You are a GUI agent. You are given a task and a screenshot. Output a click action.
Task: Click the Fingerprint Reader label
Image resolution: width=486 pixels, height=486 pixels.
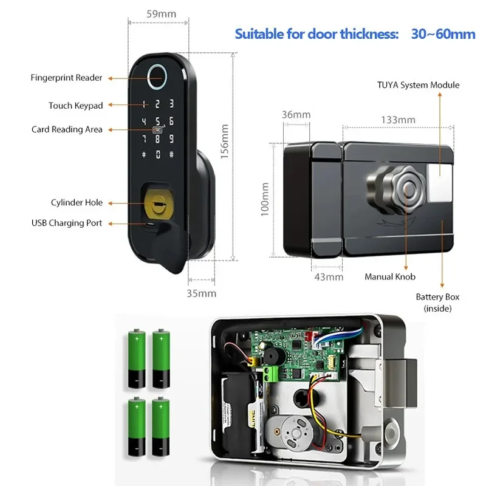66,78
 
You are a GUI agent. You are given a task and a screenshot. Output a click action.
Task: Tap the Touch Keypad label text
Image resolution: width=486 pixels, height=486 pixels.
75,106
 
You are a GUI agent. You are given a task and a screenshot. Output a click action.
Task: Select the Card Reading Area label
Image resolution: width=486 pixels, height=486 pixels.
67,129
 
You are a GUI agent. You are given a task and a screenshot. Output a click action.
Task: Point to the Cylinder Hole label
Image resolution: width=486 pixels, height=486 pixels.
77,202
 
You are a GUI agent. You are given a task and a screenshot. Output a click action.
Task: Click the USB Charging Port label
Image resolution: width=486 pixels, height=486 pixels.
67,223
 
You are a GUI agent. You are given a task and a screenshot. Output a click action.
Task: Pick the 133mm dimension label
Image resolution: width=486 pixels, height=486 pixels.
398,120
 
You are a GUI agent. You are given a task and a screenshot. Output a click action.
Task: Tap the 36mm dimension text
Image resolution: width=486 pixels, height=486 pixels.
296,114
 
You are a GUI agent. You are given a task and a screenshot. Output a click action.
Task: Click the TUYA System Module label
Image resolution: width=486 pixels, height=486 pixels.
418,85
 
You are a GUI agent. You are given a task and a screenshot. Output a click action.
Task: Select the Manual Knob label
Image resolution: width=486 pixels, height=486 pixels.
390,277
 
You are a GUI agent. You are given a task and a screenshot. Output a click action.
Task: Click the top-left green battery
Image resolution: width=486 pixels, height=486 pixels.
137,358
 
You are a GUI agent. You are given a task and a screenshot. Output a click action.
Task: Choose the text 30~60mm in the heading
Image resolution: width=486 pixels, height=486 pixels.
443,34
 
